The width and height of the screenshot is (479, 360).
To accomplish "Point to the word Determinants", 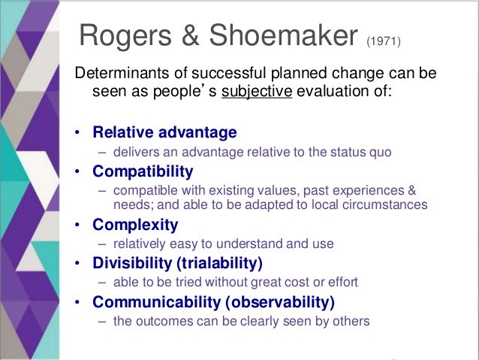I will pos(119,75).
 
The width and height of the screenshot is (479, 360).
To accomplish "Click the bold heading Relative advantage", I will pos(164,133).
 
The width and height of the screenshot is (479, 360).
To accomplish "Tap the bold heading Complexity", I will pos(135,225).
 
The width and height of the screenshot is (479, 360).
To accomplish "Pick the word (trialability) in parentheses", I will pos(226,264).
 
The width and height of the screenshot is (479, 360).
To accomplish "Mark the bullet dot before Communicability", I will pos(79,304).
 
